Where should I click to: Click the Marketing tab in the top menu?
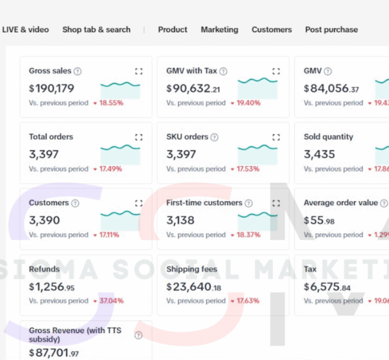(219, 29)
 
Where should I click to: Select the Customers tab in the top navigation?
(271, 29)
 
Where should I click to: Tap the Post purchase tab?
(331, 29)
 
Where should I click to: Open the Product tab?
(172, 29)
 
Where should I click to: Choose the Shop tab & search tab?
(96, 29)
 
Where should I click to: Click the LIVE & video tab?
(26, 29)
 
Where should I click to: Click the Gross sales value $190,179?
(51, 88)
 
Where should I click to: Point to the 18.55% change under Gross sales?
(111, 103)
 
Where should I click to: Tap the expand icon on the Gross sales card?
(139, 72)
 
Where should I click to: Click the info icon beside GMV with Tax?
(223, 72)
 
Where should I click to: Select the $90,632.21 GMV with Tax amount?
(193, 88)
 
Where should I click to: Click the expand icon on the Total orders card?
(139, 137)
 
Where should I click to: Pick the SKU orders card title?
(187, 137)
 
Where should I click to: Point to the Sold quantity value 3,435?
(319, 154)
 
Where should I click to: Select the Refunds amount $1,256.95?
(51, 286)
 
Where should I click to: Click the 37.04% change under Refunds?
(111, 301)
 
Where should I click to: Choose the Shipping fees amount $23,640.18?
(194, 286)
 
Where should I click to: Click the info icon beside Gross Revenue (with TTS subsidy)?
(138, 335)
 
